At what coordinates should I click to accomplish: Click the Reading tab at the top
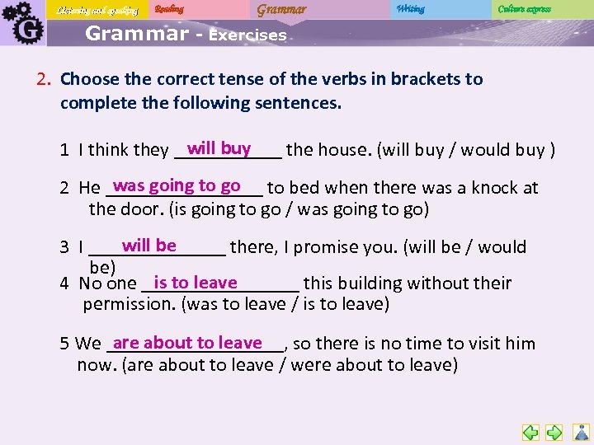(x=171, y=9)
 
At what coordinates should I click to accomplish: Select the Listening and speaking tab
(x=97, y=10)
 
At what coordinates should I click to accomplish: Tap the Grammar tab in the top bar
(x=281, y=9)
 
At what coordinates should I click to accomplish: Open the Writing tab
(x=410, y=9)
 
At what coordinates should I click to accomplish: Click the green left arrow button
(x=530, y=432)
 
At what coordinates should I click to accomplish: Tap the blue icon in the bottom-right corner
(x=581, y=432)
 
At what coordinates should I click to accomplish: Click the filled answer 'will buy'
(x=219, y=148)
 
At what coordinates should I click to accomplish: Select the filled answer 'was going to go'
(x=177, y=185)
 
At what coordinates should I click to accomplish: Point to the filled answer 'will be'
(x=148, y=245)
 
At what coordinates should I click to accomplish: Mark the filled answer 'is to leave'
(x=196, y=283)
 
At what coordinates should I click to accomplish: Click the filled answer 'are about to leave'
(x=187, y=343)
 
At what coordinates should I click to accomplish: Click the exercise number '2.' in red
(x=45, y=79)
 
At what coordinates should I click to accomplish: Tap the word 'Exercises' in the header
(x=247, y=35)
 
